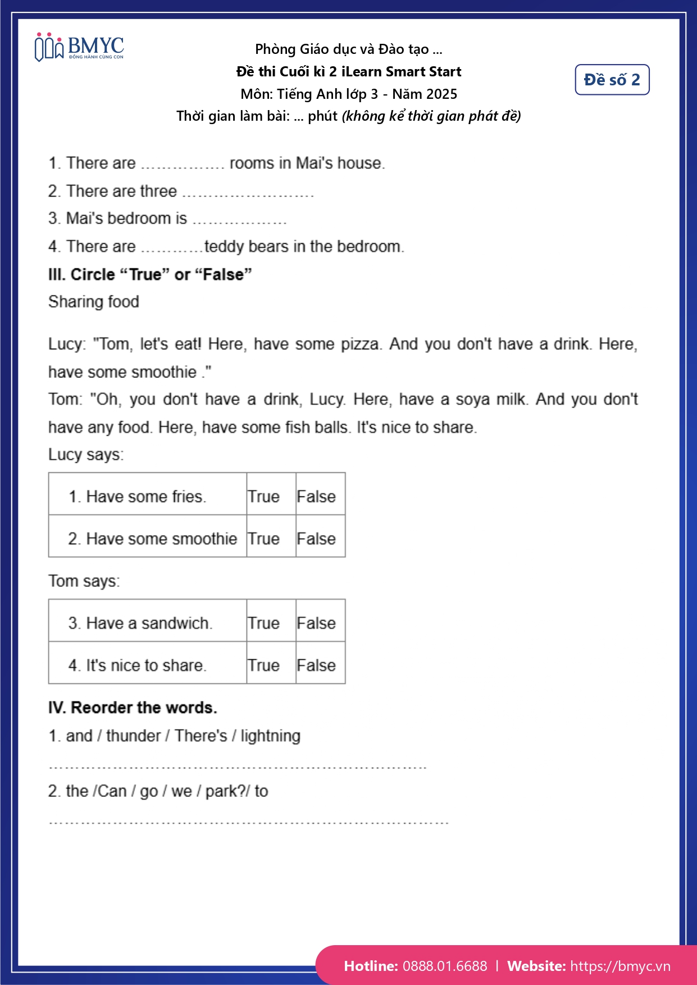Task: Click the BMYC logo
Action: click(x=79, y=47)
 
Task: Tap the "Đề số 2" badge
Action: click(x=612, y=80)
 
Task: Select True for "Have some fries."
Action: click(x=263, y=496)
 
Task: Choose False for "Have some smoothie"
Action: click(x=316, y=539)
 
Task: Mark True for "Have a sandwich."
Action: click(x=263, y=623)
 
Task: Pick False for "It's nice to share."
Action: click(x=316, y=665)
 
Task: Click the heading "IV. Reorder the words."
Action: click(x=133, y=707)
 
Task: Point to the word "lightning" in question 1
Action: click(x=270, y=736)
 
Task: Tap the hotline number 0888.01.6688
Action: click(x=445, y=966)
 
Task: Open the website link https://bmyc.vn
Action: click(x=620, y=966)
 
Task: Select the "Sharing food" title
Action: click(x=94, y=302)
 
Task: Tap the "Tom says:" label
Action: click(x=84, y=581)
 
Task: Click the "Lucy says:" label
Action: click(x=86, y=454)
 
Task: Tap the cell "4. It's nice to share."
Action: click(x=138, y=665)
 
